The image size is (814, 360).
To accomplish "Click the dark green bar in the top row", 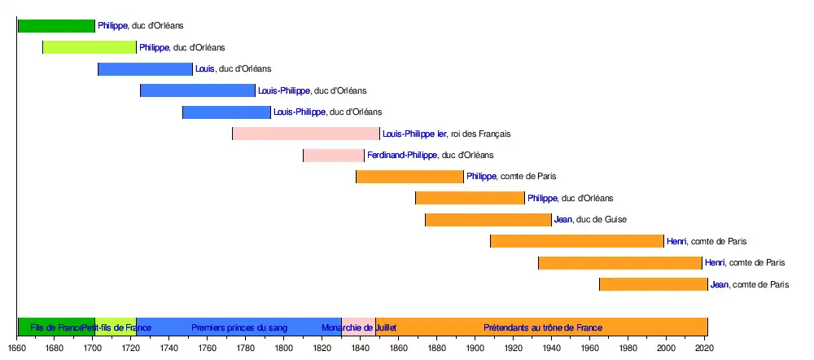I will tap(56, 26).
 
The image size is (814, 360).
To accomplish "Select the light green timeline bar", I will tap(90, 47).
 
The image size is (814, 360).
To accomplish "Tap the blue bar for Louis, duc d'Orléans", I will tap(145, 69).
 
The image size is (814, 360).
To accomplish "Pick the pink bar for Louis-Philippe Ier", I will tap(306, 134).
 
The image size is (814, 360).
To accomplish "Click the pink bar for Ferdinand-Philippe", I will tap(334, 155).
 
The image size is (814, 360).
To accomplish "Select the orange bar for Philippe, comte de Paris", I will tap(409, 176).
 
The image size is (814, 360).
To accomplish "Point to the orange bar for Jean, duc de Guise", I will tap(488, 219).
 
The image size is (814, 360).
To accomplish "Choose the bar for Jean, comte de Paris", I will tap(654, 284).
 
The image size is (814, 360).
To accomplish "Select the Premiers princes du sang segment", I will tap(239, 327).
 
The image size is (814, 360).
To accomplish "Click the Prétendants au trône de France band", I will tap(542, 327).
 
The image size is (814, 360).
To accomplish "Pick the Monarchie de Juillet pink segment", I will tap(358, 327).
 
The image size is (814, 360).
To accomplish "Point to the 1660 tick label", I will tap(17, 349).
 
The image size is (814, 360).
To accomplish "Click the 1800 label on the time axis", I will tap(284, 349).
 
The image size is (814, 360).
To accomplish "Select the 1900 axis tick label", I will tap(475, 349).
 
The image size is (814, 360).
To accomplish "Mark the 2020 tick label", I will tap(705, 349).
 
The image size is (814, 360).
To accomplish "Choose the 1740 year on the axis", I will tap(169, 349).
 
